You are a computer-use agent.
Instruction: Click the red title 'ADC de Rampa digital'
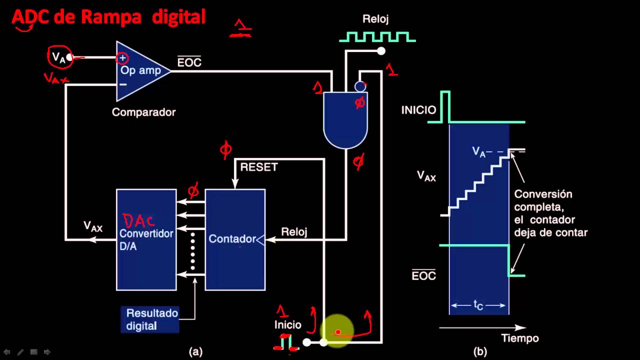108,17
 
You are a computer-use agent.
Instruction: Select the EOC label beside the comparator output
189,62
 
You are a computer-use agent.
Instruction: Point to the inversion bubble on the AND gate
360,86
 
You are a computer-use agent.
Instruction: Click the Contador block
235,239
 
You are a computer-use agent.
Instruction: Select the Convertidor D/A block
146,239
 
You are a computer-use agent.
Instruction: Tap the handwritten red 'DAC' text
139,220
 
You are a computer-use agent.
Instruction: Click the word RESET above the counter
258,167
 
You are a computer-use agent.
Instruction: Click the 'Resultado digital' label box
150,319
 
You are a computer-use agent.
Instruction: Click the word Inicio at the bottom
288,325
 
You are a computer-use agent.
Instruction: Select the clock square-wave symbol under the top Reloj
377,36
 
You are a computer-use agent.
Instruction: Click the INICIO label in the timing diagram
418,110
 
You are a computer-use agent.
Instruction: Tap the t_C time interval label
478,305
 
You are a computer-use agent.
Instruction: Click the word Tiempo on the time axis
520,338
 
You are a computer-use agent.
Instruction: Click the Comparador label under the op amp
143,112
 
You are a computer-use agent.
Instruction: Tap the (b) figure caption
480,352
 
